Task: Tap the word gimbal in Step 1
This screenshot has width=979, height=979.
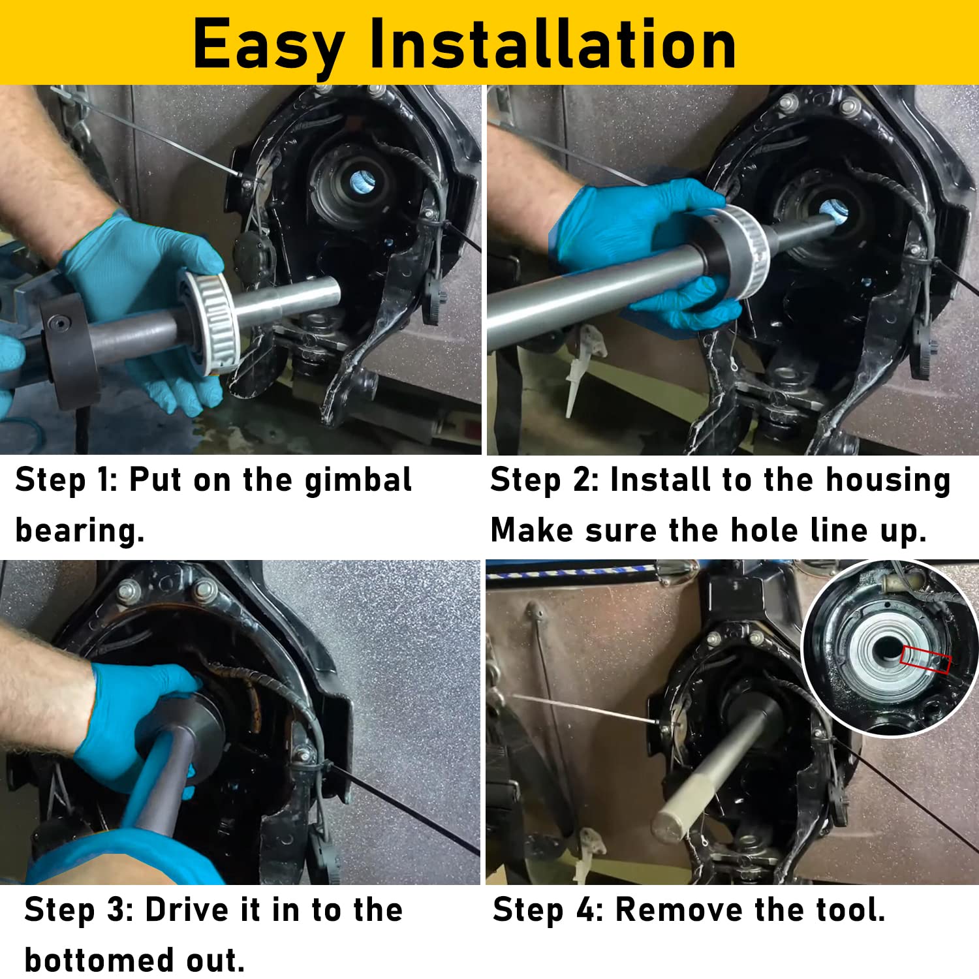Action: (x=358, y=482)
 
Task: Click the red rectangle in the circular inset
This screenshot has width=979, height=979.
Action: (x=924, y=659)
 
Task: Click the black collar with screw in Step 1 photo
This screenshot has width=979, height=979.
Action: (x=69, y=349)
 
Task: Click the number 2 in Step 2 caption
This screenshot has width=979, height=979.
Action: (x=582, y=480)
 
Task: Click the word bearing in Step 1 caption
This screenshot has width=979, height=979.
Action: (x=78, y=530)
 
